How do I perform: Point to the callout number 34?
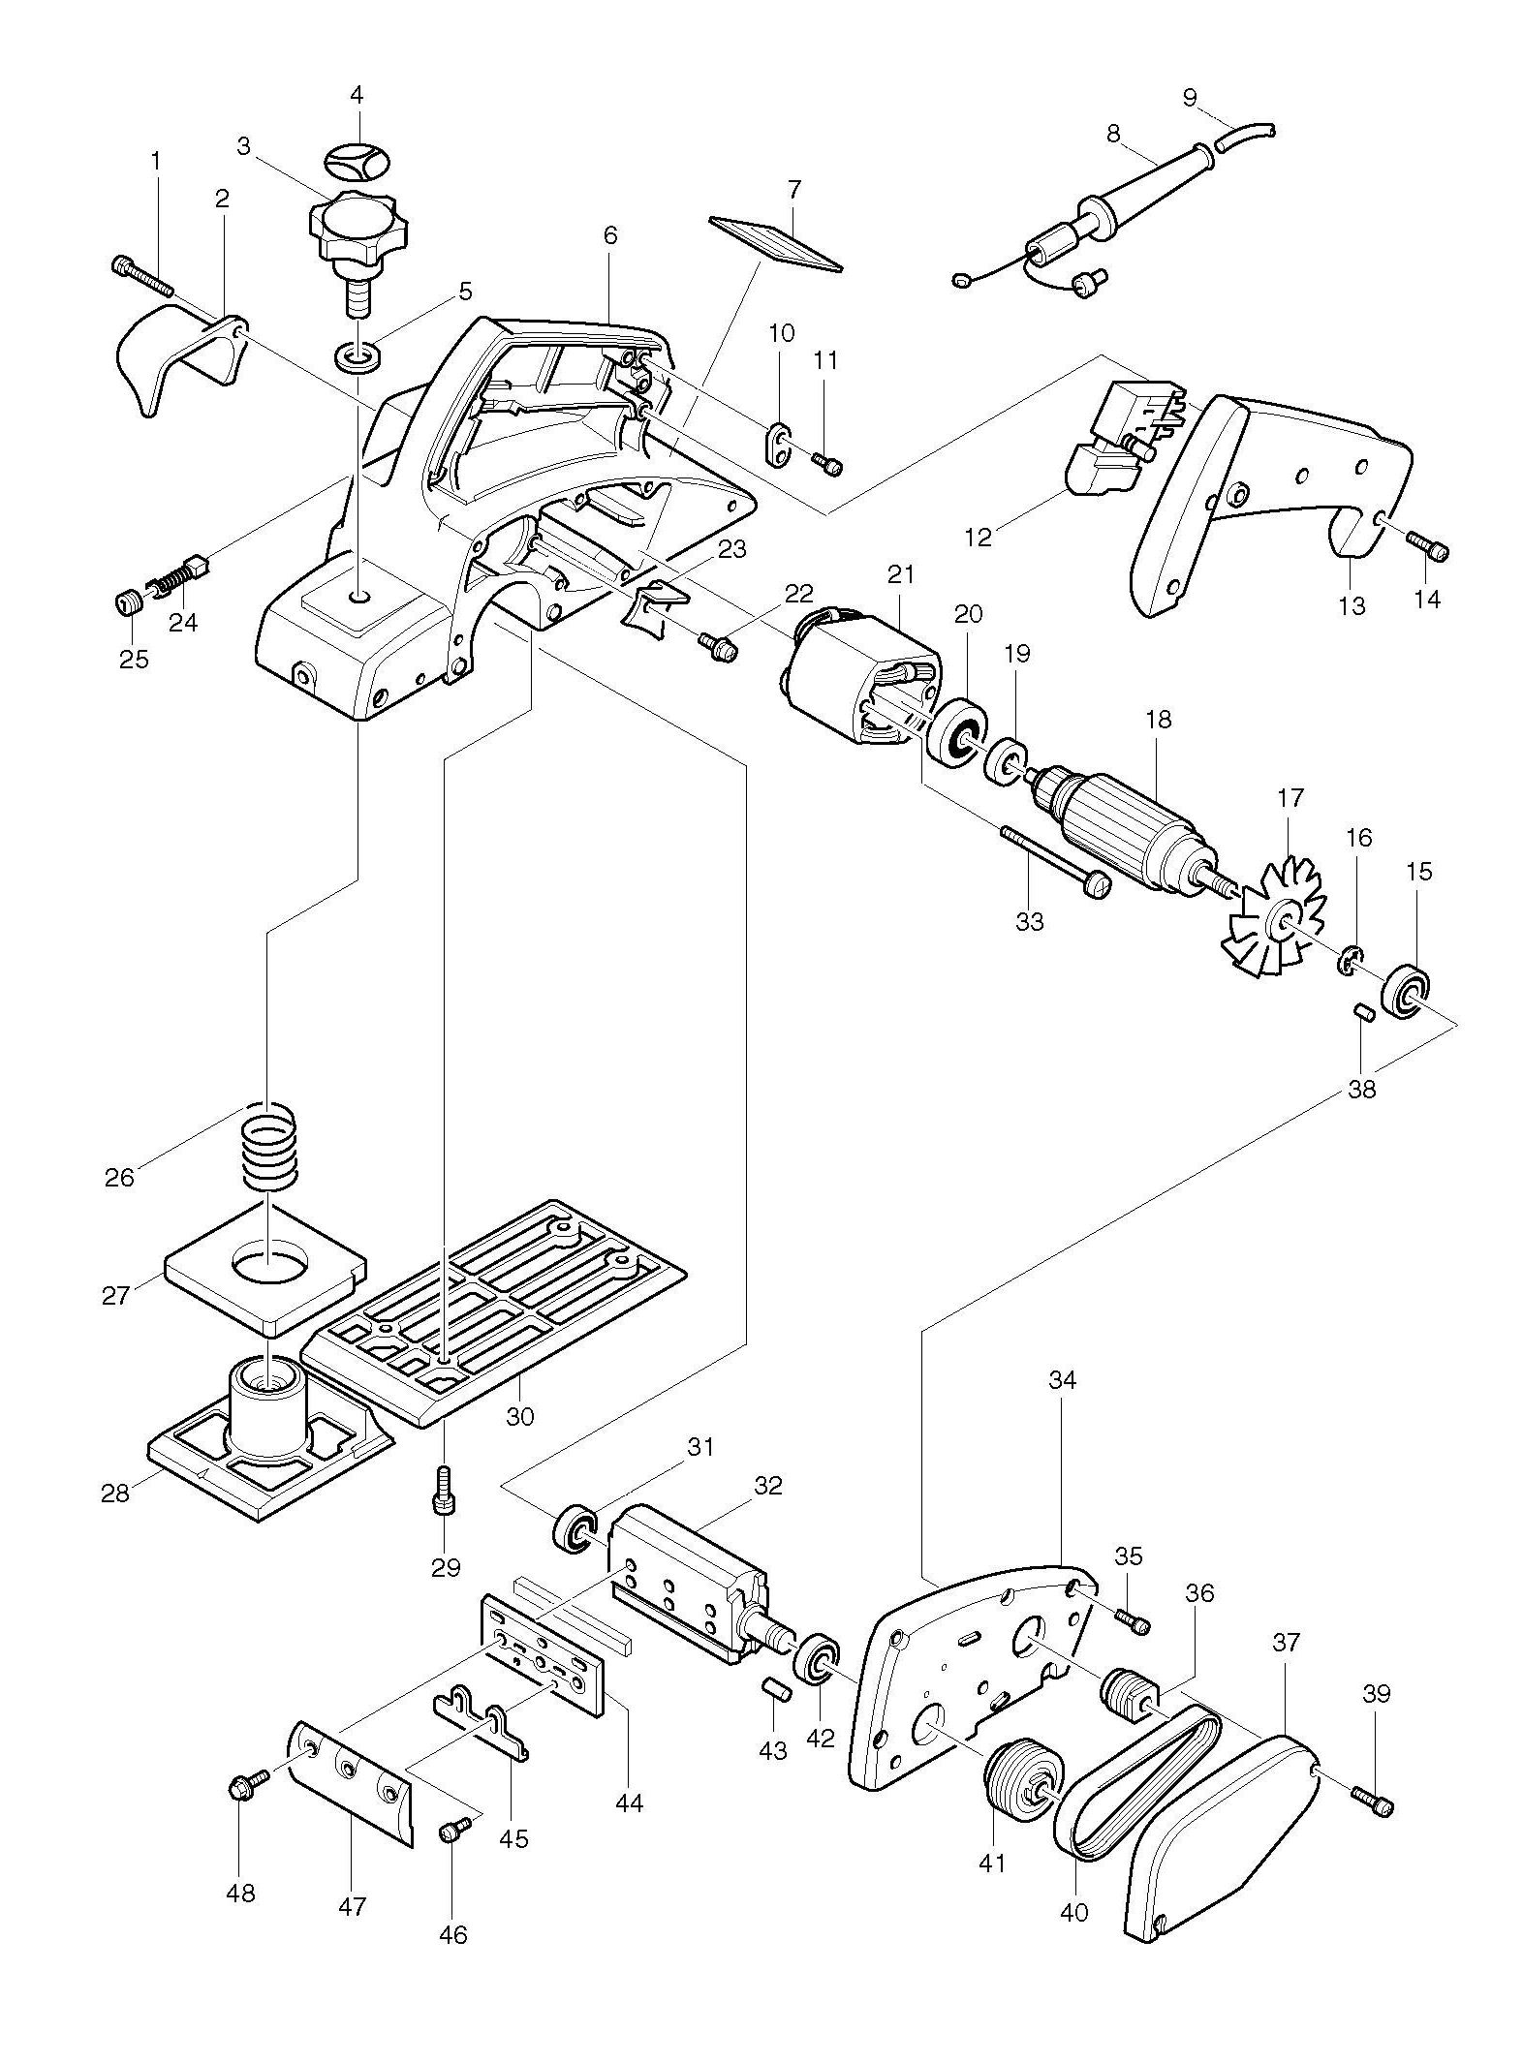pyautogui.click(x=1062, y=1379)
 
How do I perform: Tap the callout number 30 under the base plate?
pyautogui.click(x=520, y=1416)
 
